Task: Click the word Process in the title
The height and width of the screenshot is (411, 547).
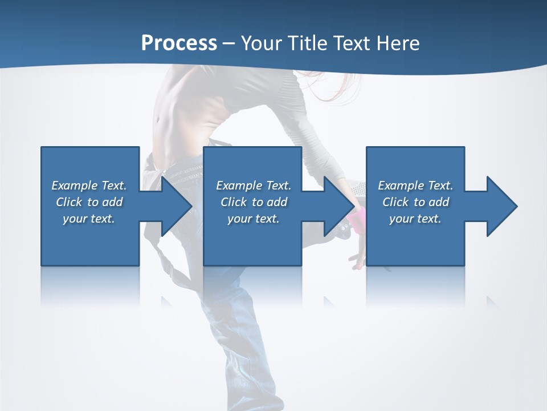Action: [179, 43]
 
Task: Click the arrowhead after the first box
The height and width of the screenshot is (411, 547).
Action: [173, 206]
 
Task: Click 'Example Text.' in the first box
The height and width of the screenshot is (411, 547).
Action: [89, 186]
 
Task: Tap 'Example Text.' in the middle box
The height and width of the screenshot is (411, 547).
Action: [254, 186]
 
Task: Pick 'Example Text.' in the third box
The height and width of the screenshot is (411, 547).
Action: [415, 186]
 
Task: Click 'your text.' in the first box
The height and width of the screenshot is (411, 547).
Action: [89, 219]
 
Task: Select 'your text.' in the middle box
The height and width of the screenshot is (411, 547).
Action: [254, 219]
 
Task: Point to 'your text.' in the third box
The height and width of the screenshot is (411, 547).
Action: [415, 219]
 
